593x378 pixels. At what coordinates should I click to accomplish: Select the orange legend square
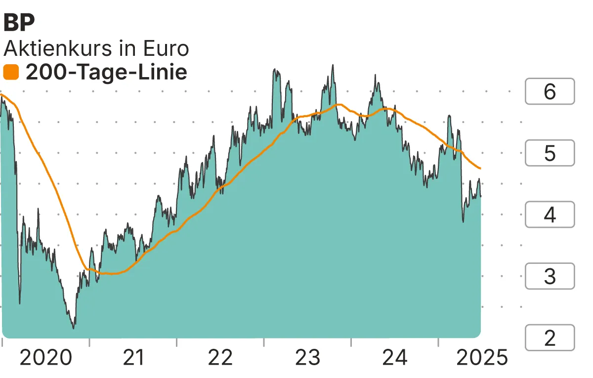[11, 73]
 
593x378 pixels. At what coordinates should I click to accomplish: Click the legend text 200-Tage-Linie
[106, 73]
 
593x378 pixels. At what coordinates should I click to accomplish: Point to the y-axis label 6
[550, 92]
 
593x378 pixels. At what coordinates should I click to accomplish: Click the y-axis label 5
[550, 153]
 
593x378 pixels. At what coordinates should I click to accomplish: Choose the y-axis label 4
[550, 215]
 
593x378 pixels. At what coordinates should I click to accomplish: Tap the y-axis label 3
[550, 276]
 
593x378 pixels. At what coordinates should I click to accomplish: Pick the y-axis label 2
[550, 338]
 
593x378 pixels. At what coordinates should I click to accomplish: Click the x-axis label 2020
[45, 357]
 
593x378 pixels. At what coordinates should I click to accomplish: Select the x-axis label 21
[133, 357]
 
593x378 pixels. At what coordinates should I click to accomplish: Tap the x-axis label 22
[220, 357]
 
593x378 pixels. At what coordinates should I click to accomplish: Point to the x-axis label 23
[307, 357]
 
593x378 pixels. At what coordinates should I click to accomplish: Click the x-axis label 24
[395, 357]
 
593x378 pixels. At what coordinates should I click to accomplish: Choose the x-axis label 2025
[482, 357]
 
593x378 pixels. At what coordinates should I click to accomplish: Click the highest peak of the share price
[333, 65]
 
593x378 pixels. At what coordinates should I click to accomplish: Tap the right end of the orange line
[480, 168]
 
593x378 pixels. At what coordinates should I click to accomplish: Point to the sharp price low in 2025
[463, 222]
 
